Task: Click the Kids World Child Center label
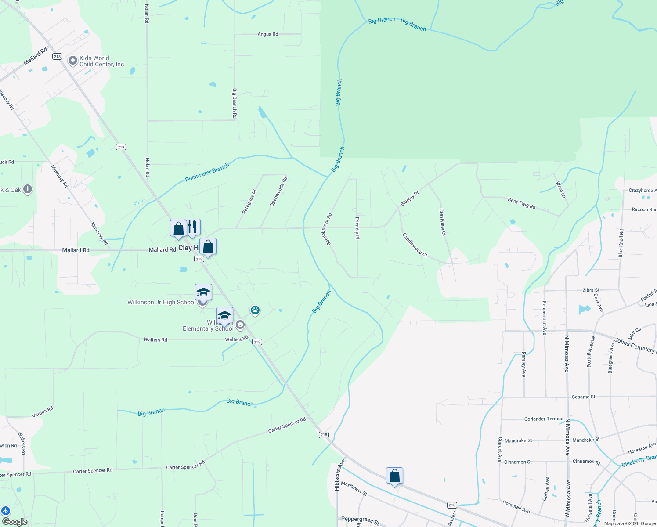(x=101, y=61)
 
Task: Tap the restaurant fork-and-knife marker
(x=192, y=227)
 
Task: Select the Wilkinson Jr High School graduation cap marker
(x=203, y=292)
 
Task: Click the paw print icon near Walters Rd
(x=255, y=310)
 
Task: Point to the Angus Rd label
(x=267, y=34)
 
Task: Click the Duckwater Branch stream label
(x=207, y=173)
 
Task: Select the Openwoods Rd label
(x=278, y=192)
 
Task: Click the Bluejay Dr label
(x=410, y=199)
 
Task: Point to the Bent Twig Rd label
(x=521, y=203)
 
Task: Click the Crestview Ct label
(x=443, y=222)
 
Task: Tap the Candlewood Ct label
(x=415, y=245)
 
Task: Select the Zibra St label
(x=591, y=290)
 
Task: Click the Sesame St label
(x=583, y=397)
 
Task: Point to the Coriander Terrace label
(x=543, y=419)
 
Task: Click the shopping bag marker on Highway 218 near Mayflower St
(x=394, y=476)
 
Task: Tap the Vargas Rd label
(x=43, y=412)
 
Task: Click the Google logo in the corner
(x=14, y=522)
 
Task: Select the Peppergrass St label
(x=360, y=520)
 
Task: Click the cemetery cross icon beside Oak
(x=27, y=190)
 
